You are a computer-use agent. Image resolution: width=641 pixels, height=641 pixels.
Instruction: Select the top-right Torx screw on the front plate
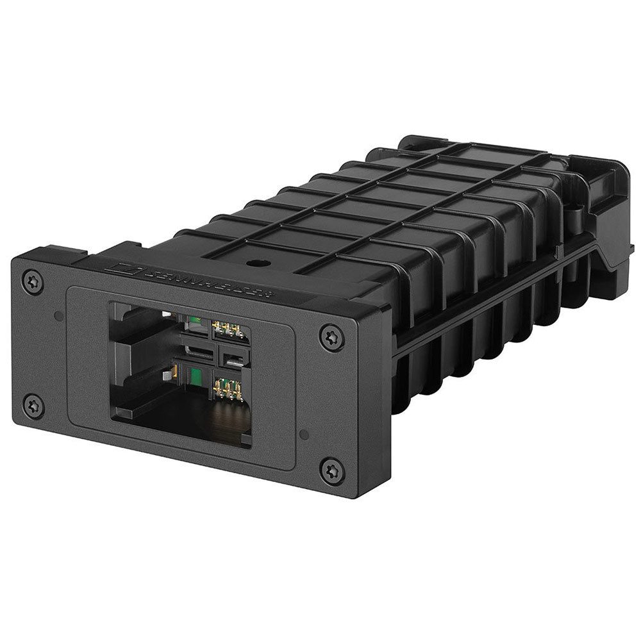point(332,338)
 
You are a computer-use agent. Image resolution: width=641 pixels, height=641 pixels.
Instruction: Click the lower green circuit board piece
point(194,376)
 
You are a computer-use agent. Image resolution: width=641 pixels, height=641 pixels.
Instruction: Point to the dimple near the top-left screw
point(58,315)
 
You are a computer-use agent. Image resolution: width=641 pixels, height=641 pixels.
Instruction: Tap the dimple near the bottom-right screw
point(304,434)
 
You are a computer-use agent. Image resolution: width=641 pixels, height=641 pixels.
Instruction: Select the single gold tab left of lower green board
point(172,371)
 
